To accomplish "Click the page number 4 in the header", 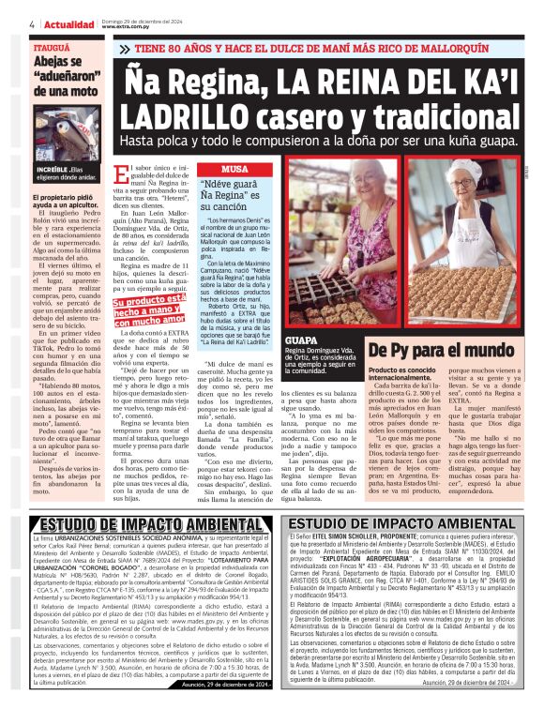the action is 34,22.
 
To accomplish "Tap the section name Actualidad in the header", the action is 69,22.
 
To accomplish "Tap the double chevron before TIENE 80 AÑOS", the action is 142,45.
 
